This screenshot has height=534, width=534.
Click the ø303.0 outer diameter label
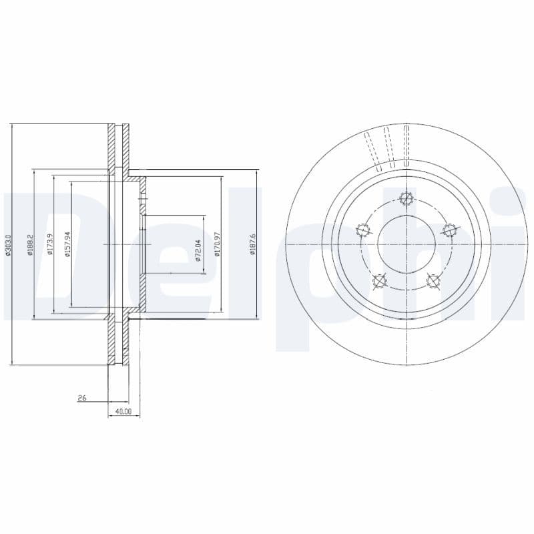click(7, 244)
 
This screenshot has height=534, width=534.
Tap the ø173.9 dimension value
click(50, 244)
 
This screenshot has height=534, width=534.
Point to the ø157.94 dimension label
click(67, 244)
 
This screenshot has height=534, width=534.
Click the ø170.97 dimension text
click(218, 245)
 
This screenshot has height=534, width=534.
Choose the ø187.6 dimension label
click(252, 245)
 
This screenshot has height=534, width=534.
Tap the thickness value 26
click(82, 398)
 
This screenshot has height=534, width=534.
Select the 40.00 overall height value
click(123, 412)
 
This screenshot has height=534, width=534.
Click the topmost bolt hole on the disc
click(405, 198)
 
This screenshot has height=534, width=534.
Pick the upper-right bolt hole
click(449, 230)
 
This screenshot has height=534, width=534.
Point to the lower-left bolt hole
click(378, 281)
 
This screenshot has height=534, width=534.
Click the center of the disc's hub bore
click(405, 244)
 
